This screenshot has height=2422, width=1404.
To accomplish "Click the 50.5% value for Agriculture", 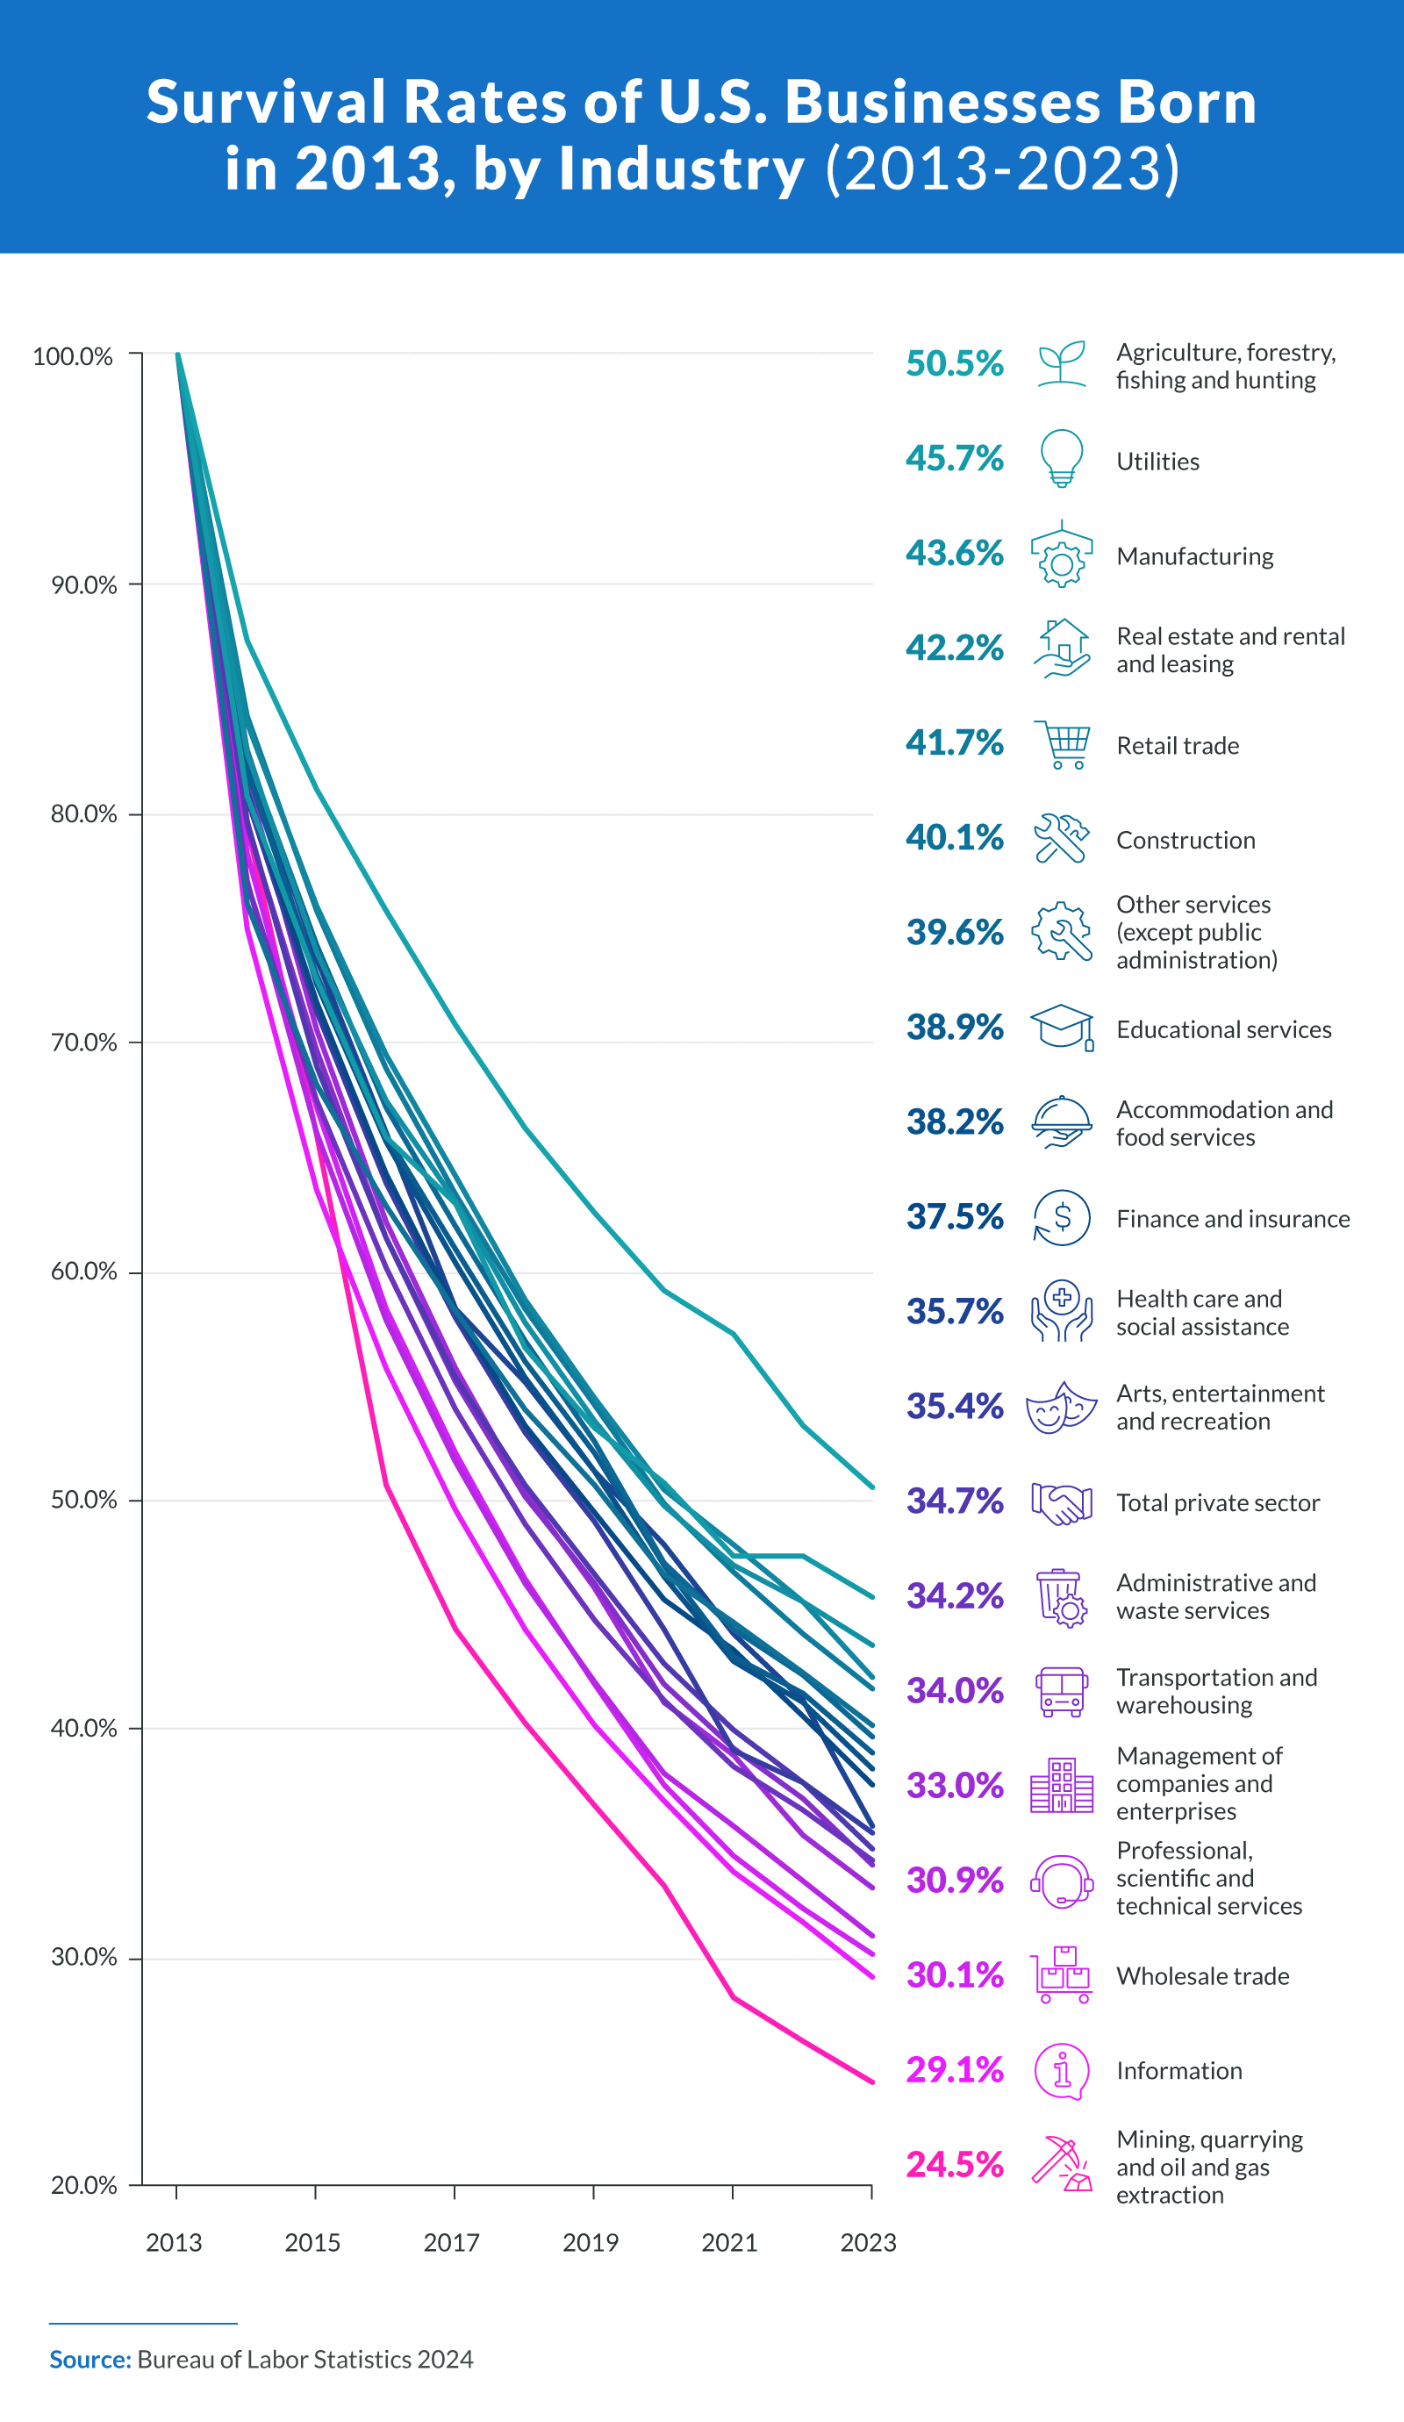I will pos(954,363).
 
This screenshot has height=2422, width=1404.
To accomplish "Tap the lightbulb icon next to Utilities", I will pos(1061,458).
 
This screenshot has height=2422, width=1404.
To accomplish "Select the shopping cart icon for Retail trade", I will pos(1063,745).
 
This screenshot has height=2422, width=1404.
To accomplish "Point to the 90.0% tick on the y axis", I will pos(83,585).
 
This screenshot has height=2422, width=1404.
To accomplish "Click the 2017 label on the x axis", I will pos(452,2242).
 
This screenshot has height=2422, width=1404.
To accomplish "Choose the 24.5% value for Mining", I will pos(954,2163).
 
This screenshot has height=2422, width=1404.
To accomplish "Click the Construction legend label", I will pos(1185,840).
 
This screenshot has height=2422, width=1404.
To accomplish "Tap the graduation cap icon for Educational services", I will pos(1061,1028).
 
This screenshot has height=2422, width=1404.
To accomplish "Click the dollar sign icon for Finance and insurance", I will pos(1062,1218).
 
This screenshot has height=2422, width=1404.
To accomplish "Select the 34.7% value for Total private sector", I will pos(954,1501).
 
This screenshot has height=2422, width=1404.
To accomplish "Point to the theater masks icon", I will pos(1061,1407).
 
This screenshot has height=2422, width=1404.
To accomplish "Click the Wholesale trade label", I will pos(1202,1976).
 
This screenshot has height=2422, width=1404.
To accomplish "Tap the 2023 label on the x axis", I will pos(868,2242).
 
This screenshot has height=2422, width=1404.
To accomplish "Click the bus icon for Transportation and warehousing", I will pos(1061,1692).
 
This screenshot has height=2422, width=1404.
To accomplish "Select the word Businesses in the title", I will pos(942,102).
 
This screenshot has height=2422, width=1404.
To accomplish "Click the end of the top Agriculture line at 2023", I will pos(871,1487).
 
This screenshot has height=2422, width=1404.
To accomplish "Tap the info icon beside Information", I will pos(1061,2070).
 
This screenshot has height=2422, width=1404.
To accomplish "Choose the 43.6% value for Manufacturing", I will pos(954,553).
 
